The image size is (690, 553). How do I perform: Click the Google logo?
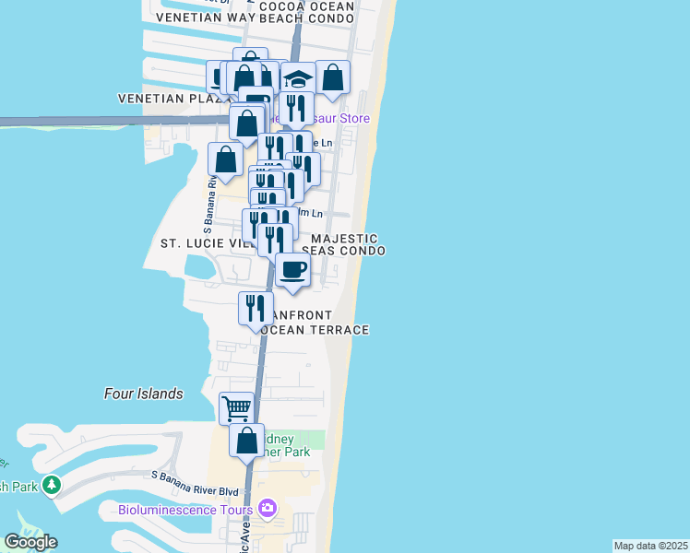point(30,542)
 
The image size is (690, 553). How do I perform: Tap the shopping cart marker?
point(237,407)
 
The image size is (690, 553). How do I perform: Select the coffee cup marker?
point(292,270)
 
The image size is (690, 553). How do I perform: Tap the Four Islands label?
point(143,394)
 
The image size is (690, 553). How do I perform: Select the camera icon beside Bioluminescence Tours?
point(267,509)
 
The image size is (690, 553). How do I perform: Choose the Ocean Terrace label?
point(314,330)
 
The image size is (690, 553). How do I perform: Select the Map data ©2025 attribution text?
point(651,546)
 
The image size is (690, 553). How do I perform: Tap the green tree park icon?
point(52,484)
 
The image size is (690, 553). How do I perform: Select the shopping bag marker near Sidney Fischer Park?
point(246,441)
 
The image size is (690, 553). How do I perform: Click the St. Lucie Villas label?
point(203,243)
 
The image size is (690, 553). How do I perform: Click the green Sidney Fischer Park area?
point(314,441)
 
